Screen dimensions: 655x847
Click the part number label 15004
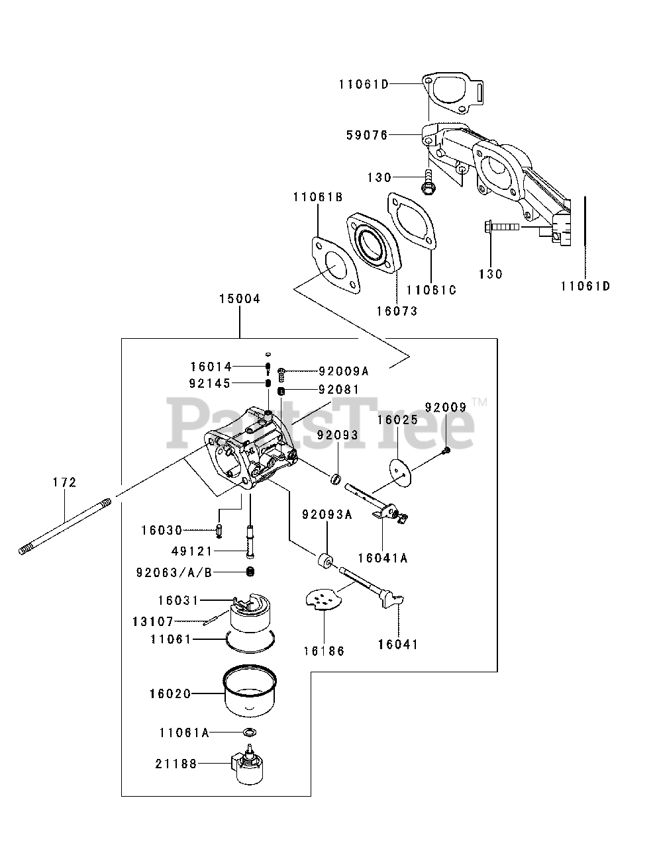239,299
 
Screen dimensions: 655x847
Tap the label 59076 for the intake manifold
367,135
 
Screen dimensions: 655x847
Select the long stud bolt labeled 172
65,526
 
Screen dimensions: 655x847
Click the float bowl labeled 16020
250,691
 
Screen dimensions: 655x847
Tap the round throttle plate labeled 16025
401,472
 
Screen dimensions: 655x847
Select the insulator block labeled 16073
374,244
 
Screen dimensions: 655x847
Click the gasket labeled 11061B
336,265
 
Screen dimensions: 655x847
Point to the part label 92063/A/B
174,572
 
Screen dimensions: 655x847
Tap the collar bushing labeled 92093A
325,560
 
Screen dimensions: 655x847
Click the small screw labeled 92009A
281,375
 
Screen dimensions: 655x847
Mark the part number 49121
191,551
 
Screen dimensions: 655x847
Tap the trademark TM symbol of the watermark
480,402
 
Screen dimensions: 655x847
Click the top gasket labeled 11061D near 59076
452,93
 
